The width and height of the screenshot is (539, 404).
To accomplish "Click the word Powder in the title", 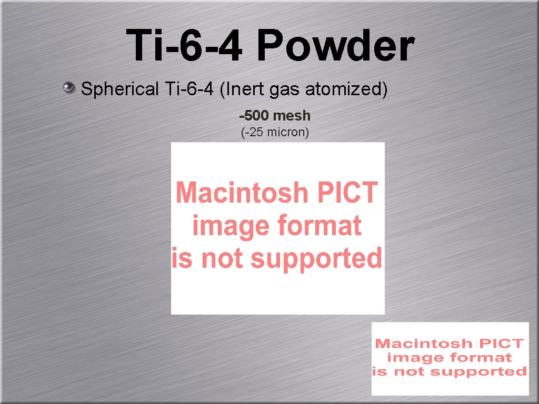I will point(335,45).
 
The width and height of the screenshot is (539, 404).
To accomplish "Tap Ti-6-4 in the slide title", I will point(184,45).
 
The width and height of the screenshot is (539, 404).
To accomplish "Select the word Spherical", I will point(119,89).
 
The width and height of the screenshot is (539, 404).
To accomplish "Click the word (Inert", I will point(242,89).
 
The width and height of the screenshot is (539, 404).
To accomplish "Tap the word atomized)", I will point(347,89).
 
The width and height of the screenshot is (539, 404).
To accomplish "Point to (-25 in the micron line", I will point(253,132).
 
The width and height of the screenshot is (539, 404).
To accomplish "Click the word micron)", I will point(288,132).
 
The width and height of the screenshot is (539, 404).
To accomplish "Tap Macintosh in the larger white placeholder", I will point(242,193).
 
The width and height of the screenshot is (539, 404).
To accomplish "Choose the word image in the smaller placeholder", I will point(410,358).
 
